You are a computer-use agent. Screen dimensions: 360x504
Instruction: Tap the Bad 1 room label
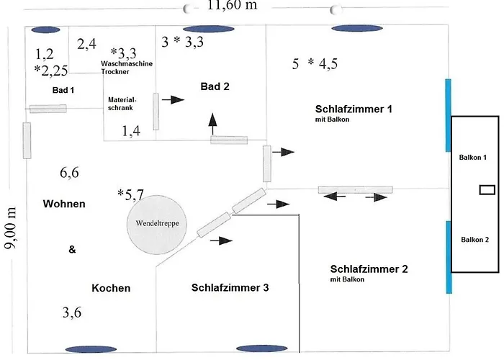tap(63, 90)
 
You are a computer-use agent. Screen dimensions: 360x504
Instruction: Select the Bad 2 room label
tap(215, 86)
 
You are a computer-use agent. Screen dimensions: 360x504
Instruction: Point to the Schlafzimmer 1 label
tap(353, 109)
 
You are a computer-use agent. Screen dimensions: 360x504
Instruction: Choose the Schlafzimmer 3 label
tap(230, 287)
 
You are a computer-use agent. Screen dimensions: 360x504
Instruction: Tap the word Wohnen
tap(63, 204)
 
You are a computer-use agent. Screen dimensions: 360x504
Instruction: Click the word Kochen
tap(111, 287)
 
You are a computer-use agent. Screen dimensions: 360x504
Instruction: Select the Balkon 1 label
tap(474, 156)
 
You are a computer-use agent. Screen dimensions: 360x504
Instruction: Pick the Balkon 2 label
tap(474, 239)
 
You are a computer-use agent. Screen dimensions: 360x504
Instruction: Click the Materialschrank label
tap(122, 103)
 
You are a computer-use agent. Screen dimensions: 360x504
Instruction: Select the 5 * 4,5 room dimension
tap(315, 63)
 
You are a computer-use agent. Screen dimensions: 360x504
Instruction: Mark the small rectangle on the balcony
tap(487, 190)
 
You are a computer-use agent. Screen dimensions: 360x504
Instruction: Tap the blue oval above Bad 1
tap(45, 30)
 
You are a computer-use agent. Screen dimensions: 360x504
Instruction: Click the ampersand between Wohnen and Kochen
tap(71, 250)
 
